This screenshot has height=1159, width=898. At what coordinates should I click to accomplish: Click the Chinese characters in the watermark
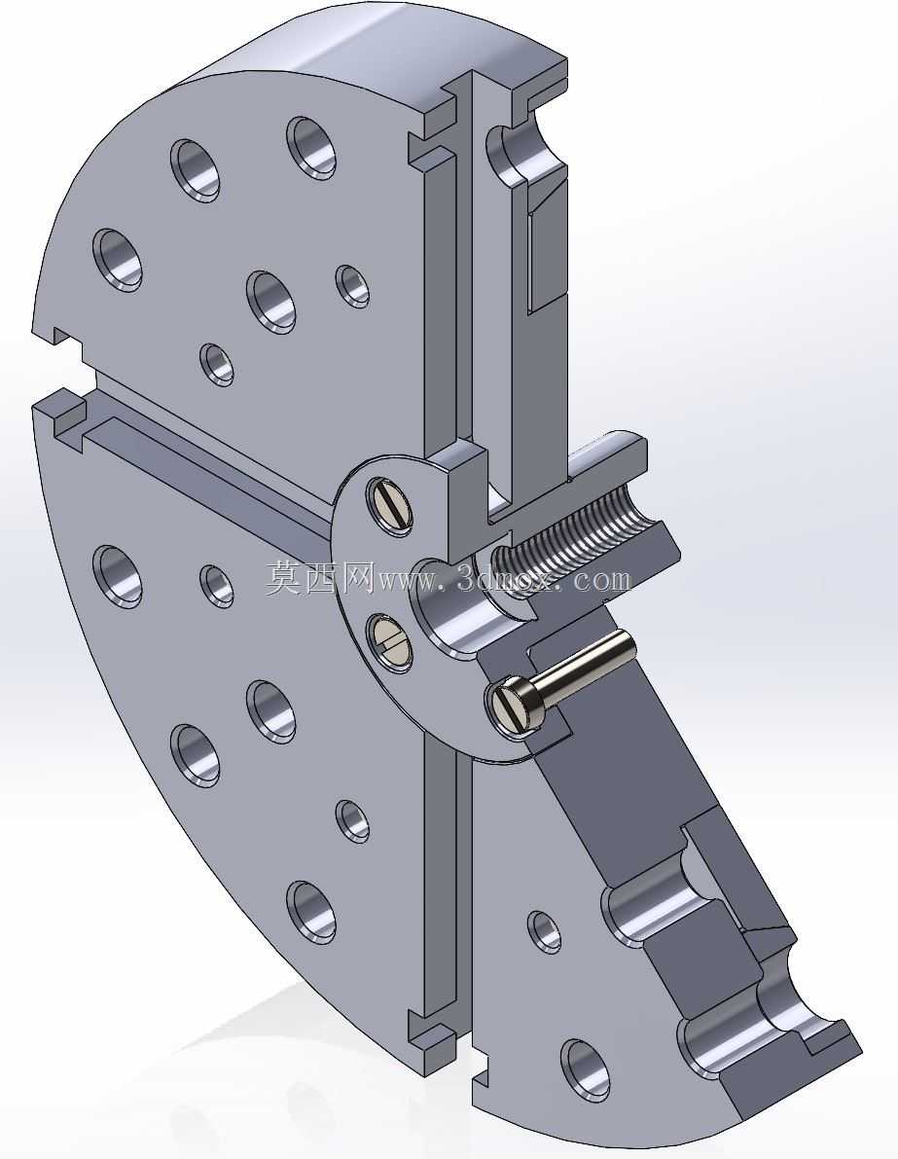click(321, 577)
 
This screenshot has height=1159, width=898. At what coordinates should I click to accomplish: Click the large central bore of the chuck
click(450, 607)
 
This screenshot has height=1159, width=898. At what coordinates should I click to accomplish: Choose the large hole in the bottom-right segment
click(586, 1069)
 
